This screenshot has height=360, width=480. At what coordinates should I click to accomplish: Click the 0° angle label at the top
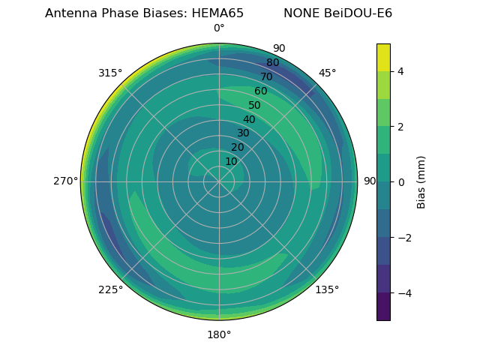(x=219, y=28)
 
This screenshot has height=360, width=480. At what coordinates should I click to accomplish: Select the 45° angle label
(x=327, y=73)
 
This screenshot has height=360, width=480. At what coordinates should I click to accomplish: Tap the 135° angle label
(x=327, y=289)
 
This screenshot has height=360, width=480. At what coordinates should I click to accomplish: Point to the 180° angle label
(x=219, y=334)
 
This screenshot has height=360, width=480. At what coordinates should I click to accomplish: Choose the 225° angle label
(x=110, y=289)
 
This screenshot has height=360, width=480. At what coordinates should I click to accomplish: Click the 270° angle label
(x=65, y=181)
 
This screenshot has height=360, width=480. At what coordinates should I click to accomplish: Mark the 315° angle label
(x=110, y=73)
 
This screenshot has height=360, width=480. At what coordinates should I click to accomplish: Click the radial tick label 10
(x=231, y=161)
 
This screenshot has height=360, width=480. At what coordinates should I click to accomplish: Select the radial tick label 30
(x=243, y=133)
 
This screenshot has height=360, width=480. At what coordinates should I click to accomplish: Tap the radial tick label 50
(x=255, y=106)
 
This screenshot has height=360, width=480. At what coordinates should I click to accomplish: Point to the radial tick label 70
(x=267, y=77)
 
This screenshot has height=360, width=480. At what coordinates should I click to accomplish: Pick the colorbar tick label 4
(x=401, y=71)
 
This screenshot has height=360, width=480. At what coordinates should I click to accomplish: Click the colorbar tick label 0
(x=401, y=182)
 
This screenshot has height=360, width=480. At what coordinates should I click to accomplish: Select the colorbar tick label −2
(x=403, y=238)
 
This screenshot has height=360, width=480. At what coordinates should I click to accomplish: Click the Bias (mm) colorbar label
(x=421, y=182)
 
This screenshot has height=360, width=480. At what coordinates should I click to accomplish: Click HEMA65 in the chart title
(x=217, y=13)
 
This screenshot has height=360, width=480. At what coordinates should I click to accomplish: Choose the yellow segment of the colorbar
(x=383, y=57)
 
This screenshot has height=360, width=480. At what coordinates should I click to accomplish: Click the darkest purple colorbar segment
(x=383, y=307)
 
